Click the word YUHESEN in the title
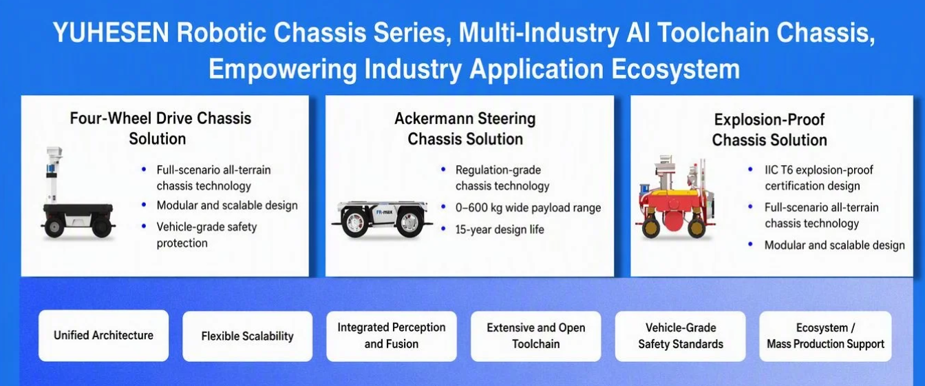point(111,32)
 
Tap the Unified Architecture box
point(104,336)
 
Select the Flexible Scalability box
point(247,336)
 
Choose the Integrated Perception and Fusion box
point(392,336)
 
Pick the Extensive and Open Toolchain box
point(536,336)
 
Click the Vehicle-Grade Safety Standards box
point(681,336)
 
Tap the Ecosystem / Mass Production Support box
point(825,336)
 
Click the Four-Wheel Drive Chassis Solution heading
point(160,129)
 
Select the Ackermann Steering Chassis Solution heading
point(465,129)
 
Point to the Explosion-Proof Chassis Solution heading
point(769,129)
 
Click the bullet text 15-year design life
point(500,230)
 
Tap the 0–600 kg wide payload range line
point(528,208)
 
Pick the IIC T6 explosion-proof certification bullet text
point(819,178)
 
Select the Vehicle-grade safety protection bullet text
point(206,235)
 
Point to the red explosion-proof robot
point(676,197)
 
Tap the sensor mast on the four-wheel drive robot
point(54,175)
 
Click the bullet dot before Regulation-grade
point(443,169)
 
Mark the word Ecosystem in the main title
point(676,69)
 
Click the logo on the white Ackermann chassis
point(384,212)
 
